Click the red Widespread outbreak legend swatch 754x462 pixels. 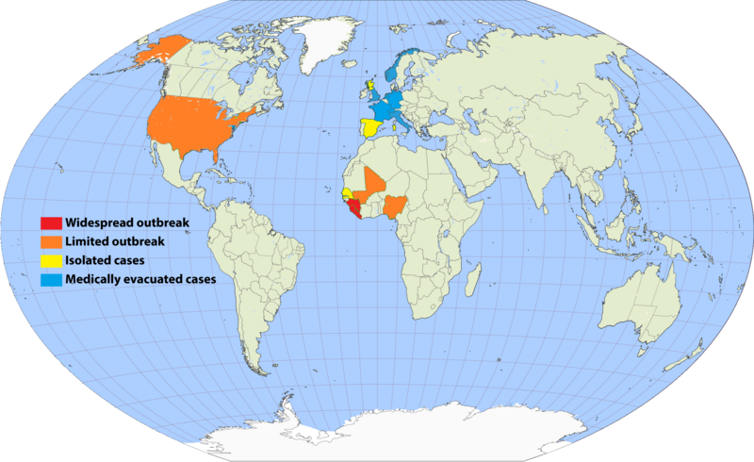point(51,223)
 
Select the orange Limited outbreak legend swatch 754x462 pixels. point(51,243)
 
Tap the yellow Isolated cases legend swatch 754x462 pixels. point(51,261)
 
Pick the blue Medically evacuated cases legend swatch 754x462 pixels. point(51,280)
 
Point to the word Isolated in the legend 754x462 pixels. point(88,261)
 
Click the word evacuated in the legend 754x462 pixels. point(154,280)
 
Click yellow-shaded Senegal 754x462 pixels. point(347,193)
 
